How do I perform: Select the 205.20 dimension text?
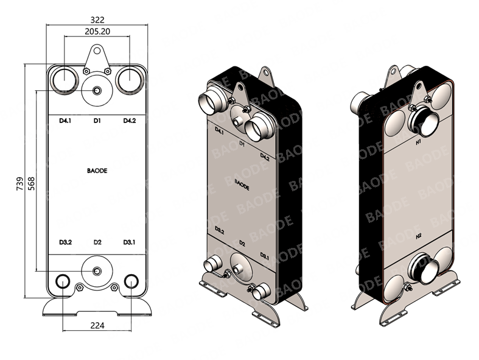point(97,30)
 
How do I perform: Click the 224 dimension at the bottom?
point(97,325)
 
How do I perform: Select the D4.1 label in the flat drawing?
point(65,121)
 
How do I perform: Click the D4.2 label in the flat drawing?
point(129,121)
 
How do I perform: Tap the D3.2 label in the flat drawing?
point(65,242)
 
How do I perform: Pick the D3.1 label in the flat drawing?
point(129,242)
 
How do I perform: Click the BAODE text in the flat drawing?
point(97,171)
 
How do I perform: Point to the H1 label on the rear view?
point(418,142)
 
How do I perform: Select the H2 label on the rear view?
point(418,236)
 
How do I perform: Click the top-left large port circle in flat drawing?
point(63,80)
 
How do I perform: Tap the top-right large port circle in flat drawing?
point(130,80)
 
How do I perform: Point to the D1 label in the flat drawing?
point(97,121)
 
